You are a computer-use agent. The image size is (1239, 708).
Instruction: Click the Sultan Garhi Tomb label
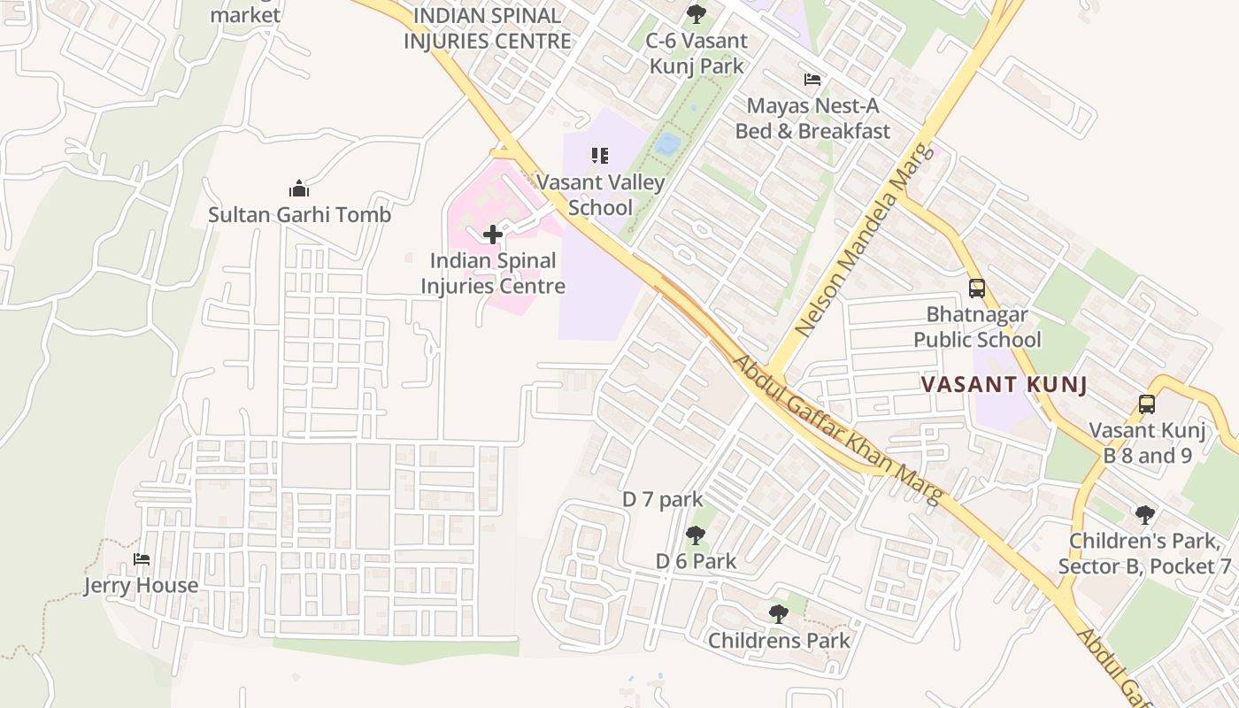click(299, 214)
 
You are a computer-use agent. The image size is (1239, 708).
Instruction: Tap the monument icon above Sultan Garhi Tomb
click(299, 189)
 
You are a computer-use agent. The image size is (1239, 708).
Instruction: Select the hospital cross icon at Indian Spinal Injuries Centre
click(493, 235)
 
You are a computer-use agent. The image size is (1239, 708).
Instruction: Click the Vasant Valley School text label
click(601, 195)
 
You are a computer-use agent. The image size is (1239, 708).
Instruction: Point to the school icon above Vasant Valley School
click(600, 156)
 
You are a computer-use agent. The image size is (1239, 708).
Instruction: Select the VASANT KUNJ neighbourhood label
click(1004, 385)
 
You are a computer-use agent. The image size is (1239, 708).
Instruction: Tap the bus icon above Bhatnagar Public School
click(977, 289)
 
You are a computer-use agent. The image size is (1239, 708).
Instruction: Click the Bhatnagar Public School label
click(977, 327)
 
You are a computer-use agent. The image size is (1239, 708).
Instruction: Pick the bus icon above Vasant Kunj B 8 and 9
click(1147, 404)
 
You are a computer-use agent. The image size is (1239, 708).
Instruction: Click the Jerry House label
click(141, 585)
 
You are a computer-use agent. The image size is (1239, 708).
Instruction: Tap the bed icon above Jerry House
click(141, 559)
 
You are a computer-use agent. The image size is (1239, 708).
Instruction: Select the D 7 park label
click(663, 499)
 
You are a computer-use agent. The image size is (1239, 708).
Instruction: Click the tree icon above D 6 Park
click(696, 535)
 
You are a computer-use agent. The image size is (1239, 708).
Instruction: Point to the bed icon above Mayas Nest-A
click(812, 80)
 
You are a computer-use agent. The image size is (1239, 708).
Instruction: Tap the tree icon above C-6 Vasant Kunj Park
click(696, 14)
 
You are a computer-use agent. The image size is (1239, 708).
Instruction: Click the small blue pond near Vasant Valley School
click(668, 143)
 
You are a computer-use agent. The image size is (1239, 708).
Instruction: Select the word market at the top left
click(245, 15)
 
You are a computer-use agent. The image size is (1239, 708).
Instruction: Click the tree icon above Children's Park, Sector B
click(1145, 514)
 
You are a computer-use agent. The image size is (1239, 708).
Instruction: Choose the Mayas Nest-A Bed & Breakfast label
click(812, 119)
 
